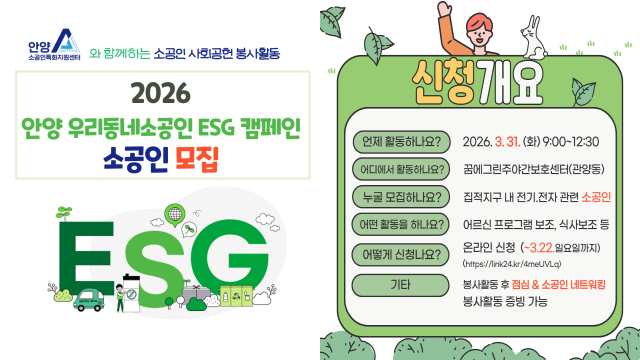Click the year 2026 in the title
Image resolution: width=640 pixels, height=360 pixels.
tap(159, 95)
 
